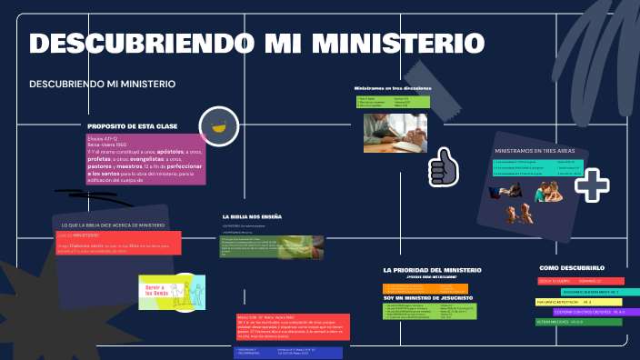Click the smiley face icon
[x=218, y=126]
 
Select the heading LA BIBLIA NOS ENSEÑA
[x=252, y=216]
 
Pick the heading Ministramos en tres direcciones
[x=393, y=88]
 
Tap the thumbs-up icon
[x=444, y=167]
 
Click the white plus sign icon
[x=592, y=185]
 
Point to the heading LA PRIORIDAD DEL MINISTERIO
[x=432, y=270]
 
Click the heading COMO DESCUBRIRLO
[x=572, y=268]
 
